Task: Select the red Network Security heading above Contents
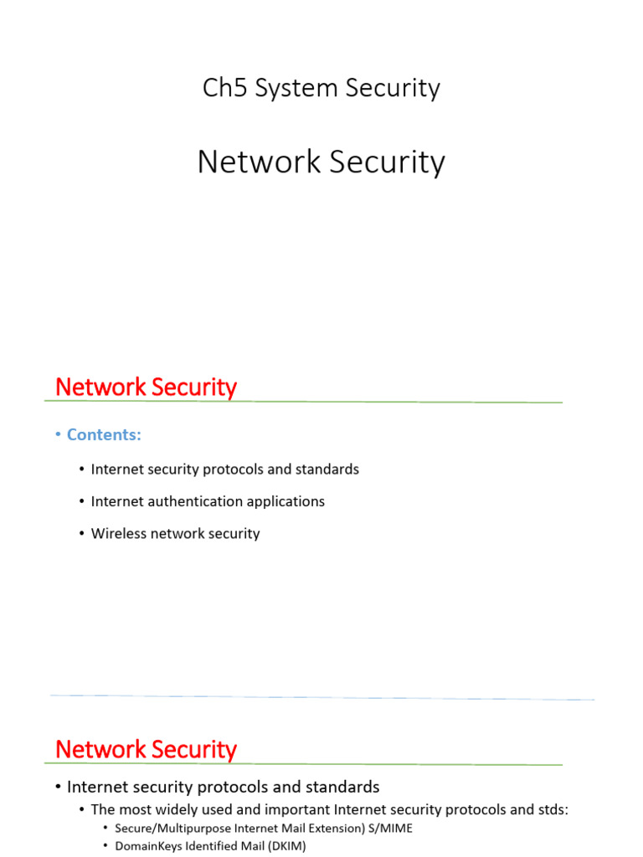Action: (x=146, y=387)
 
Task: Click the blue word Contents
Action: (x=104, y=434)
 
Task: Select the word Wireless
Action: (x=118, y=533)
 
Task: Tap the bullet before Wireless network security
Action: (x=81, y=534)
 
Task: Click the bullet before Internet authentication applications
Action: (x=81, y=502)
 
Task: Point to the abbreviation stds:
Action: (x=552, y=810)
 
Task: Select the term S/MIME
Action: (x=391, y=829)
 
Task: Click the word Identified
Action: (x=209, y=846)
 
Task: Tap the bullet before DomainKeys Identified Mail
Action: (x=105, y=847)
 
